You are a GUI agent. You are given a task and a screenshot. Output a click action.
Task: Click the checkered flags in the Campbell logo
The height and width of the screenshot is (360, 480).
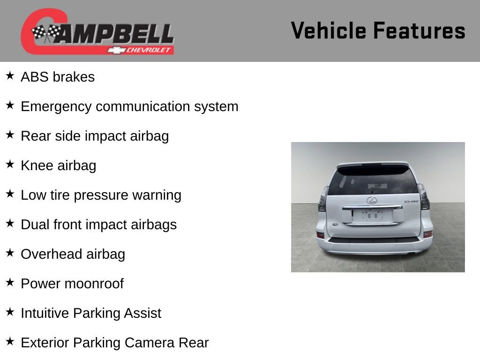[x=46, y=33]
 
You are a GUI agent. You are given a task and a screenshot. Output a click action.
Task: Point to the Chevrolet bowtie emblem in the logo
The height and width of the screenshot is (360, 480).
[x=114, y=50]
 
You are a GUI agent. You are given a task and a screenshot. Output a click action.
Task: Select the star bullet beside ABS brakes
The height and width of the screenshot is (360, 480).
[x=10, y=75]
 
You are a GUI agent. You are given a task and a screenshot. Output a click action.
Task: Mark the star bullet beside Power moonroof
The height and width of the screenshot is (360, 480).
[x=10, y=282]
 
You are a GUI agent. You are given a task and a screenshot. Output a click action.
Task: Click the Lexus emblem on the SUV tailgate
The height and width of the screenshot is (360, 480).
[x=372, y=200]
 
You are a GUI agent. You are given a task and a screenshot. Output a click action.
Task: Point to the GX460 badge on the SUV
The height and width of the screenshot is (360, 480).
[x=411, y=202]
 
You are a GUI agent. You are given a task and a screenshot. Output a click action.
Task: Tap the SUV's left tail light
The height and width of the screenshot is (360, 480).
[x=323, y=199]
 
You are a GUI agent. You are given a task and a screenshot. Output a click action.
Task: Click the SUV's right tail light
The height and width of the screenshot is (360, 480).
[x=423, y=197]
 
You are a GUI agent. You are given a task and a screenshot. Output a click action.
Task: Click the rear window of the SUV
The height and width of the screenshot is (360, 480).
[x=373, y=180]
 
